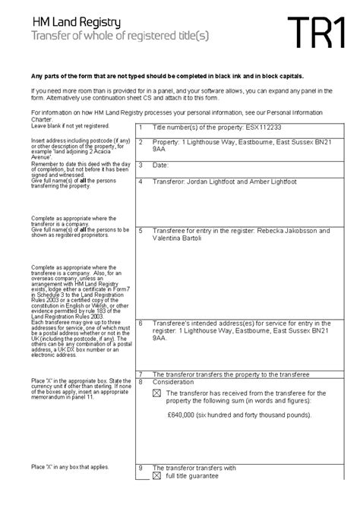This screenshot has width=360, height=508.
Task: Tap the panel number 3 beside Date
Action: [141, 165]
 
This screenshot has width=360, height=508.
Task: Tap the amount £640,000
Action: [185, 415]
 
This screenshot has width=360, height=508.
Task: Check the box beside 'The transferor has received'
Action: [157, 393]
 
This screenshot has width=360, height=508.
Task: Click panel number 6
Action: [141, 322]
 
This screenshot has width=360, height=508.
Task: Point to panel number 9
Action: [141, 468]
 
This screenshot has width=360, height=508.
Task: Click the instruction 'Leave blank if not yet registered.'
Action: [65, 126]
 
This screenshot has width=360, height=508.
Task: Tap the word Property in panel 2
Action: [169, 142]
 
